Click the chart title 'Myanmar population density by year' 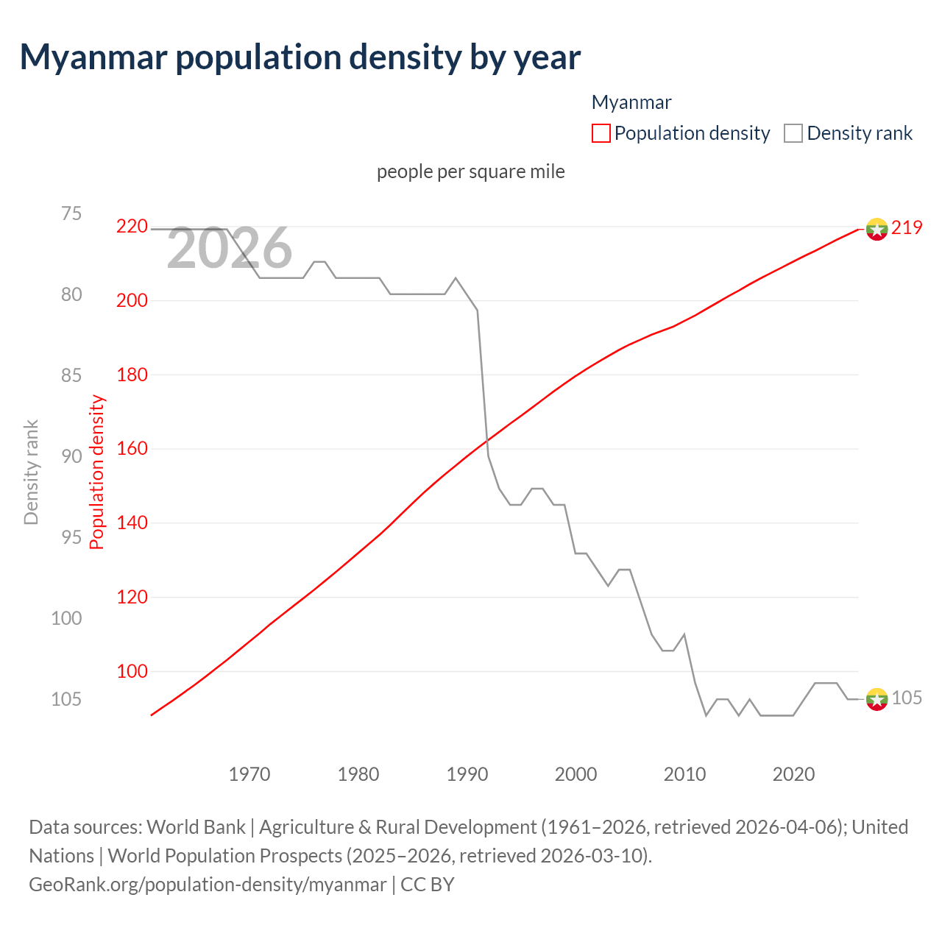[300, 57]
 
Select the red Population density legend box [601, 133]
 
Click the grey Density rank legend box [793, 133]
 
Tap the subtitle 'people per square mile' [471, 171]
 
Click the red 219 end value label [907, 228]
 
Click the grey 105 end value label [907, 698]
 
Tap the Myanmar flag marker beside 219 [877, 229]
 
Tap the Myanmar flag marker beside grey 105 [877, 699]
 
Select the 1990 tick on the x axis [467, 774]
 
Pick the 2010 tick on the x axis [684, 774]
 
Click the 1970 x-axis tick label [249, 774]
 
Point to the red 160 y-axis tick [132, 448]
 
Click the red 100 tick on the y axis [132, 671]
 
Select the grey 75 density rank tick [71, 213]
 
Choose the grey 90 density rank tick [71, 456]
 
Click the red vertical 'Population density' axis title [97, 472]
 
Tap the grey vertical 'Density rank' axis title [31, 472]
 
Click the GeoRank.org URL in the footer [208, 885]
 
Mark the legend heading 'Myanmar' [631, 102]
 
